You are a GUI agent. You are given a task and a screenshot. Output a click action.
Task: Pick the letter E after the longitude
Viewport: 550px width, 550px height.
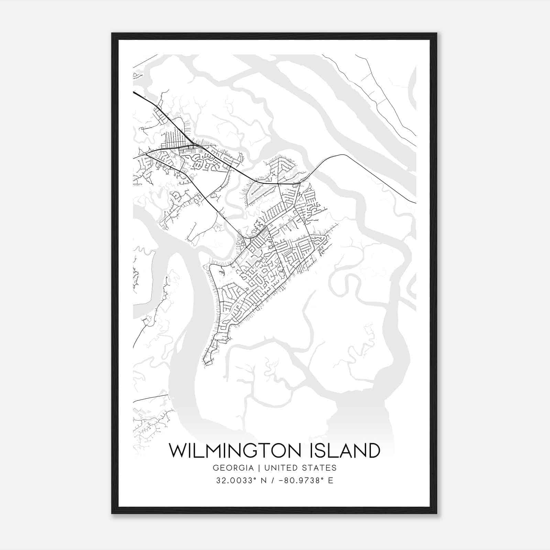331,481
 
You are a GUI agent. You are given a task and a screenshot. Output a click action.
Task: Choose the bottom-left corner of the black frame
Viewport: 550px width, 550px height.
112,513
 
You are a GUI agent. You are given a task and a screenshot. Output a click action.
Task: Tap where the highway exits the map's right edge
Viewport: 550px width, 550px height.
416,203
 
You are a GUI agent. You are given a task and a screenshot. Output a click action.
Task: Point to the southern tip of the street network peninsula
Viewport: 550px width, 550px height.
205,365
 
